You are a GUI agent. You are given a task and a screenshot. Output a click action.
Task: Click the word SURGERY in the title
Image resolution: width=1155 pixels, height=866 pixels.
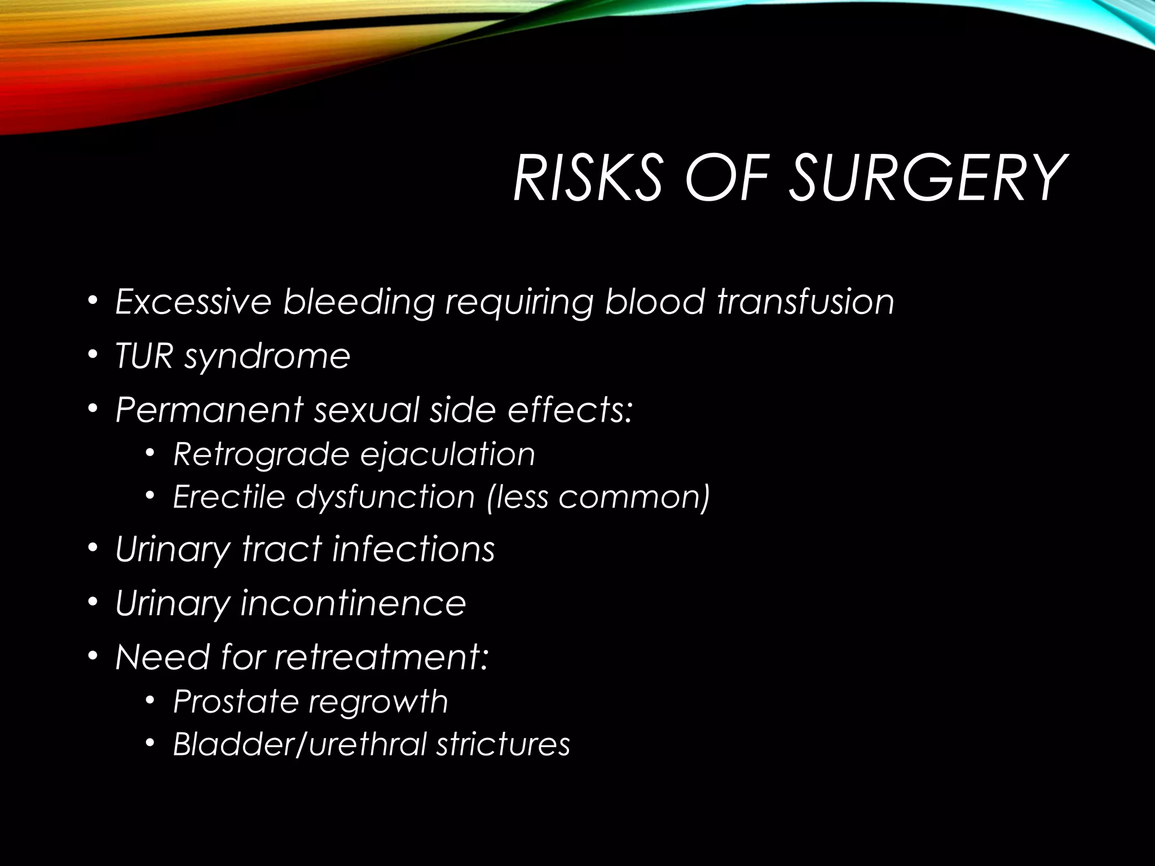click(926, 178)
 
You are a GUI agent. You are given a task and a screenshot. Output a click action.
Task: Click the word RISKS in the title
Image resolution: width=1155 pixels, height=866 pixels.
click(587, 178)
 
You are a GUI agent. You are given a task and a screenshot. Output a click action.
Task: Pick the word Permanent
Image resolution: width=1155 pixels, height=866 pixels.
click(209, 410)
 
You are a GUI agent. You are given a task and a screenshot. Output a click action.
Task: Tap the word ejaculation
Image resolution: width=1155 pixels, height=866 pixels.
click(448, 454)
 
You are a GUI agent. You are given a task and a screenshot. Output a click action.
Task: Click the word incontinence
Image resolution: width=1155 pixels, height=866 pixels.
click(353, 603)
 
